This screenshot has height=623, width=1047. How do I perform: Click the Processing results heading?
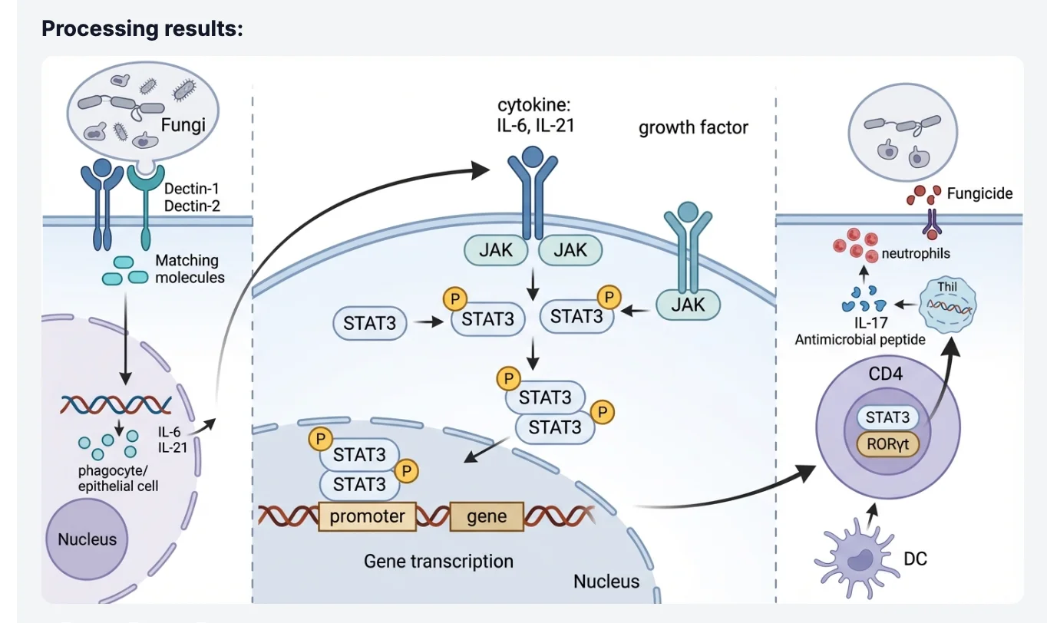coord(142,29)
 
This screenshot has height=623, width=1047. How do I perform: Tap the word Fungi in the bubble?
coord(183,125)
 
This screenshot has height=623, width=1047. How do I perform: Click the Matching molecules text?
coord(190,269)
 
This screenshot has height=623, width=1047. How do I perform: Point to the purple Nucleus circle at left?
coord(87,539)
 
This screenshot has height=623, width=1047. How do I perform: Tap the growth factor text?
coord(693,127)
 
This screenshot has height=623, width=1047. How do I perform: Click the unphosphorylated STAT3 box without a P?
coord(370,324)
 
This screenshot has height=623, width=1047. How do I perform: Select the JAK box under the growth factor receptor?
coord(689,305)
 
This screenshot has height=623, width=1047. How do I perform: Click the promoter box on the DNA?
coord(367,516)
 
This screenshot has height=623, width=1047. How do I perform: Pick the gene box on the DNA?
coord(487,516)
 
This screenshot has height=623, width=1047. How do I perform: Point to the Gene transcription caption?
coord(438,561)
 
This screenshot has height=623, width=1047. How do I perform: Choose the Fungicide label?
coord(979,193)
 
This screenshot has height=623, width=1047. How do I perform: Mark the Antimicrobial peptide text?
coord(860,339)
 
